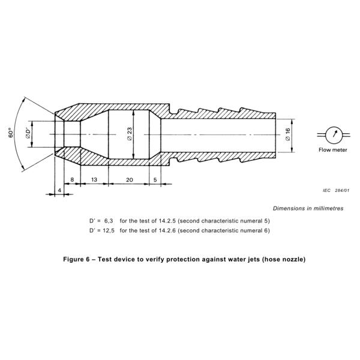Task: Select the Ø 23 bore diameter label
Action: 130,134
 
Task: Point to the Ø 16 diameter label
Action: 289,134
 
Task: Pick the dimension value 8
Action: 72,179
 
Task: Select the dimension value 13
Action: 94,179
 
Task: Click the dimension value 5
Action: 155,179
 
